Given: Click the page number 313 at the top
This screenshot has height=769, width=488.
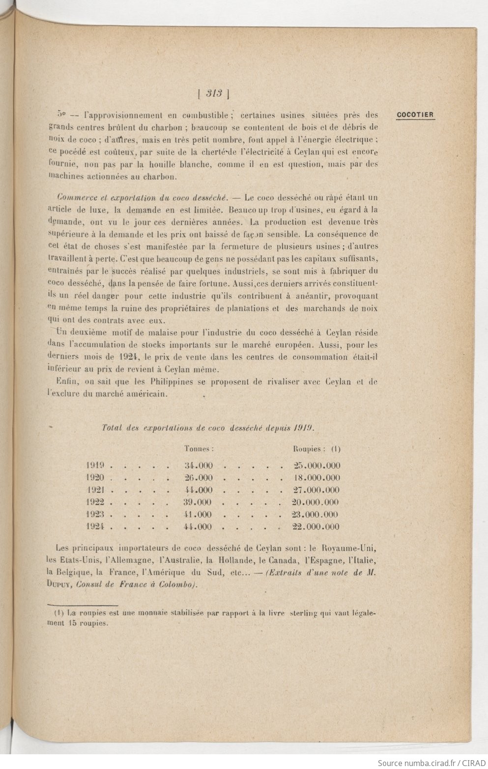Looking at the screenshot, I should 215,93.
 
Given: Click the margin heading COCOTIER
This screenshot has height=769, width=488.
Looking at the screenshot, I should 415,115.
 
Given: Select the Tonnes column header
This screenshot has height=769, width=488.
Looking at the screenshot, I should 198,448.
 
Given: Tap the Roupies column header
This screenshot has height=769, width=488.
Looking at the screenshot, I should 309,448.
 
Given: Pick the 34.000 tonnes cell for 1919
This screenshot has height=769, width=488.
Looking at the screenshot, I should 198,466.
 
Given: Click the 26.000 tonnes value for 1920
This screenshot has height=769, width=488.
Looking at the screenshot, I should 198,478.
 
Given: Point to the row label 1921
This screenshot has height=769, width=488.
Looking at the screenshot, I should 96,490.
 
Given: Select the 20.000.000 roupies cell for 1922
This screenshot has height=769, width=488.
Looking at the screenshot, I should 316,502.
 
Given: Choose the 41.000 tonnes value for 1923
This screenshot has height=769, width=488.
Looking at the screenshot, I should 198,515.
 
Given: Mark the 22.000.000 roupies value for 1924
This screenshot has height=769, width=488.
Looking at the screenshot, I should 316,527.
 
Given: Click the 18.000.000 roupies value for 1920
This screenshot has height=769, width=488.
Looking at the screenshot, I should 316,478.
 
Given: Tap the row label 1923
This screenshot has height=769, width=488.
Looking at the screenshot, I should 96,515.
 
